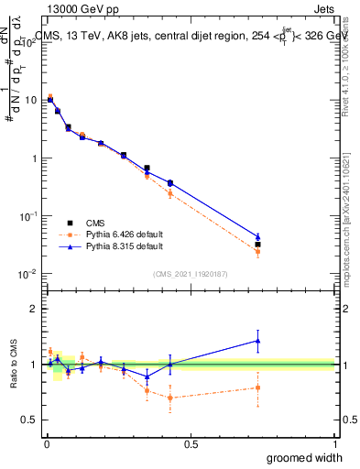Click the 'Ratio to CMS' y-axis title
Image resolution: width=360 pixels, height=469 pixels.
tap(12, 364)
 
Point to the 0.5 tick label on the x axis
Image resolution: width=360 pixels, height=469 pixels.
tap(191, 444)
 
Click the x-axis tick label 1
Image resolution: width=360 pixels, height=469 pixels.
tap(334, 444)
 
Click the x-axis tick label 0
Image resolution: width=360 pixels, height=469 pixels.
tap(47, 444)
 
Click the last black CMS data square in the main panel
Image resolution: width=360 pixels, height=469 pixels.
tap(258, 245)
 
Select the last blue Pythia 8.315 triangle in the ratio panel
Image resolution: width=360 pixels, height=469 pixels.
tap(258, 341)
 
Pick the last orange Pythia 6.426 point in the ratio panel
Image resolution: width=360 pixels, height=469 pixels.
tap(258, 387)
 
